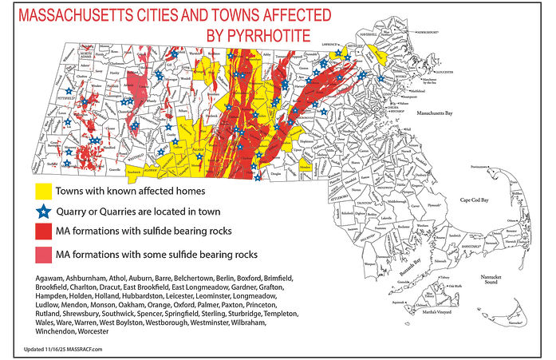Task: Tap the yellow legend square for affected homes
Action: tap(43, 192)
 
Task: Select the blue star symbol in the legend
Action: tap(43, 212)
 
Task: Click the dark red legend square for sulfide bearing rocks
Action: tap(43, 233)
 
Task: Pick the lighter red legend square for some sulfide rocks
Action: tap(43, 255)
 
